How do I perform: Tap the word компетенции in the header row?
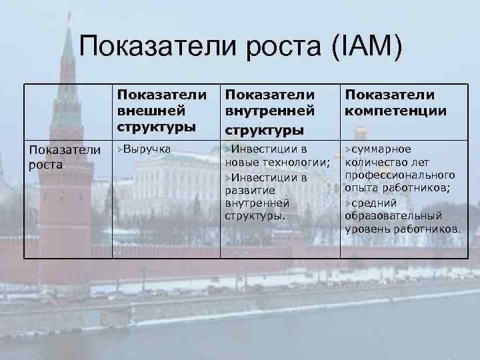click(x=396, y=109)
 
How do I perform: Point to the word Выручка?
click(x=147, y=148)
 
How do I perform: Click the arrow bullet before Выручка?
click(x=120, y=148)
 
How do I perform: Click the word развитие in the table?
click(x=246, y=191)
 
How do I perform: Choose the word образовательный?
click(x=393, y=216)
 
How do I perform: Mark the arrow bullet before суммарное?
click(x=347, y=149)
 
